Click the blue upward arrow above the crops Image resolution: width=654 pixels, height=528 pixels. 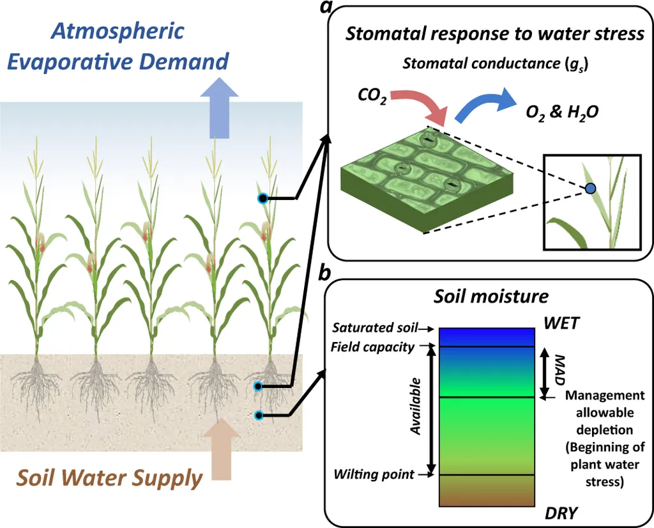tap(219, 111)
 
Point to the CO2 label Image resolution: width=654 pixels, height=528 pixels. tap(372, 98)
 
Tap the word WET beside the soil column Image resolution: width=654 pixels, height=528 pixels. tap(561, 323)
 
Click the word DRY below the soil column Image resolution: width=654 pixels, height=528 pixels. tap(561, 513)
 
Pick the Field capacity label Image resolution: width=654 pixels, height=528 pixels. tap(372, 346)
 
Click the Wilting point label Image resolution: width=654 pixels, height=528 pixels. tap(374, 474)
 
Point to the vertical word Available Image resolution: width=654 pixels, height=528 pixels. tap(416, 407)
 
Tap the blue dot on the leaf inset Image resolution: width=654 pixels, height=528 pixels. tap(591, 188)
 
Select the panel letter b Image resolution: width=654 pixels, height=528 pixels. tap(324, 273)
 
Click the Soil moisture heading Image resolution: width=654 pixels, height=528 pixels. tap(490, 297)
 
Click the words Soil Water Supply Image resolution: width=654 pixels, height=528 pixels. tap(109, 478)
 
